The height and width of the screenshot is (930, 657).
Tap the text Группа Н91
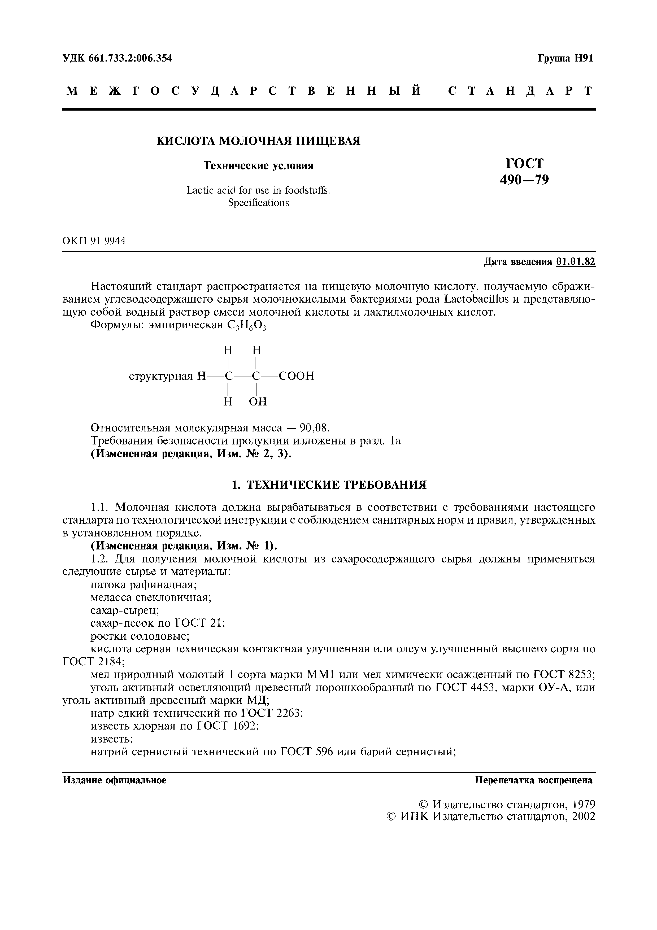click(566, 58)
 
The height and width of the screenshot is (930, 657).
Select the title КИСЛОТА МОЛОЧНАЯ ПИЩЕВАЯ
click(258, 141)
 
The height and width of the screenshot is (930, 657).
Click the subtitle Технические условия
click(258, 166)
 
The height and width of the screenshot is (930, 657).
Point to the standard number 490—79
click(525, 180)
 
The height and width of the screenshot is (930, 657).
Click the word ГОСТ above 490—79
click(525, 163)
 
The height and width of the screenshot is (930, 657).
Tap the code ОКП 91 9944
click(94, 241)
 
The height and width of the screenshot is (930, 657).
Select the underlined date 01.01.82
click(576, 262)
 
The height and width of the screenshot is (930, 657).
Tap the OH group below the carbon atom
click(258, 402)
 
